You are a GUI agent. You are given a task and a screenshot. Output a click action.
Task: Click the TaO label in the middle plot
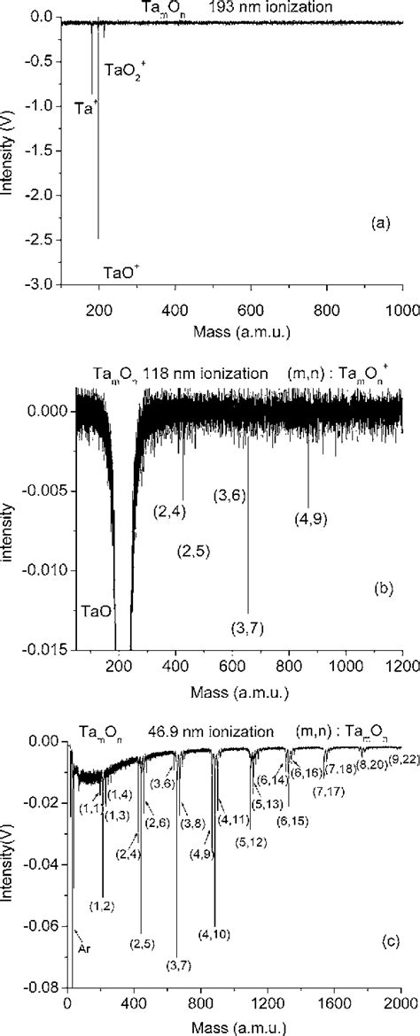[96, 611]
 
